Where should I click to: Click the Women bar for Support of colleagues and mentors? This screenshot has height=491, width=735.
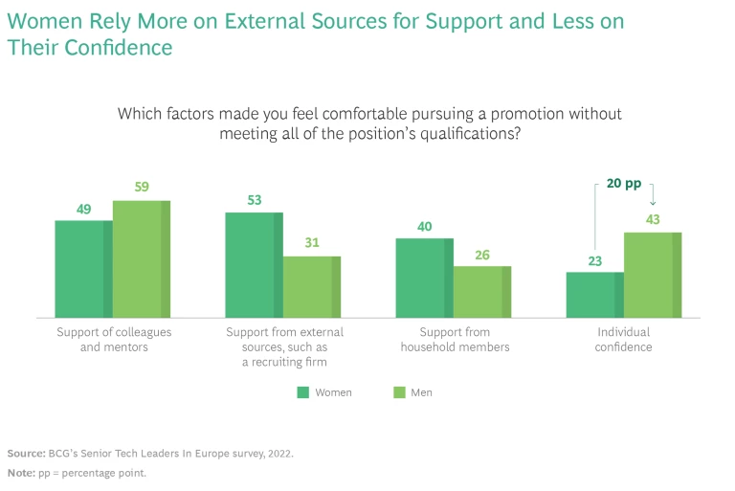coord(83,269)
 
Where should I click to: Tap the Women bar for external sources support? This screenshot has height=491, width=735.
coord(254,265)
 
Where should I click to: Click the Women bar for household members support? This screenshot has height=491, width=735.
coord(424,278)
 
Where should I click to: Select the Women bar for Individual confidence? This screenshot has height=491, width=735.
coord(594,295)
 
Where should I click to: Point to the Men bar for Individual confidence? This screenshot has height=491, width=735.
coord(652,275)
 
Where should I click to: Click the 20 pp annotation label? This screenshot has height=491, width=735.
coord(623,184)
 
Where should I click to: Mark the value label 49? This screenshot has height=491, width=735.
coord(83,209)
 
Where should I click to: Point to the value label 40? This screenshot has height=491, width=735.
coord(424,226)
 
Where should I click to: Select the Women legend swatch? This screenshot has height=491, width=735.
coord(303,392)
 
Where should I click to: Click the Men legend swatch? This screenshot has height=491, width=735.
coord(400,392)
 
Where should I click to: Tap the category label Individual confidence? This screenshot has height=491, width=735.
coord(623,339)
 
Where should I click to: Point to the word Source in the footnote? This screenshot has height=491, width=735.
coord(26,452)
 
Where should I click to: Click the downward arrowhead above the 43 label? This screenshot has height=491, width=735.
coord(653,202)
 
